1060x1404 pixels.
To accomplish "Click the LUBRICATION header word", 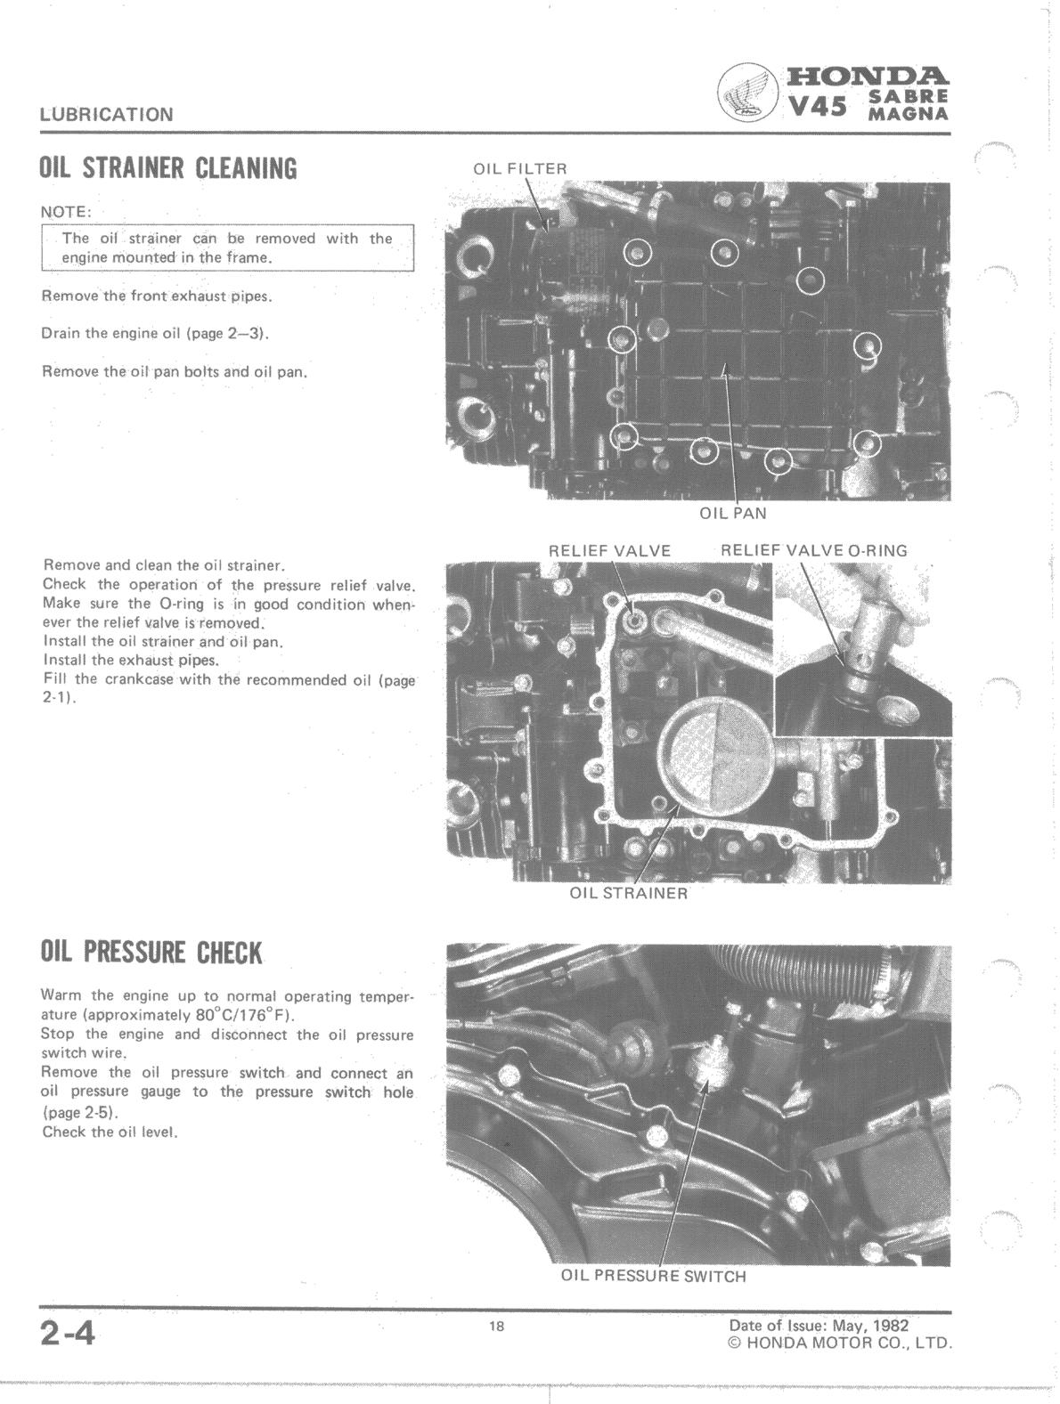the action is coord(106,115).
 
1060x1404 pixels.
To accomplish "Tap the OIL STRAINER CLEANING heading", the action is coord(168,168).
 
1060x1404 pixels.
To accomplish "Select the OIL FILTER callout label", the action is coord(519,169).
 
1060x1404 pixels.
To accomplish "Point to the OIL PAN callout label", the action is coord(732,514).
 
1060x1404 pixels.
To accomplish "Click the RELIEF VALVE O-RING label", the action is coord(814,551).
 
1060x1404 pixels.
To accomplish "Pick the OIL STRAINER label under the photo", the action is coord(628,894).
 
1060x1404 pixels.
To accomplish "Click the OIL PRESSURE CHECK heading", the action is coord(151,953).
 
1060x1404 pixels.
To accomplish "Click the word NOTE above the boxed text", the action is coord(66,213).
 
